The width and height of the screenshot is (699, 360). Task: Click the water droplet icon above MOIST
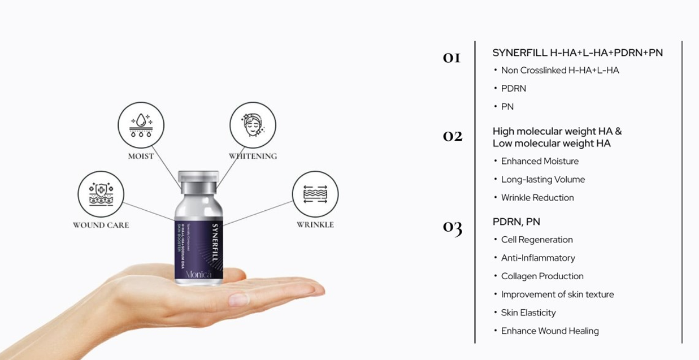pos(141,125)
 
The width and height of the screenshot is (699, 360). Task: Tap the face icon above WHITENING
pos(253,125)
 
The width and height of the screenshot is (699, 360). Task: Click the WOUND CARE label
pos(101,225)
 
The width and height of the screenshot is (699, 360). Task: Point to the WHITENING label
pos(253,156)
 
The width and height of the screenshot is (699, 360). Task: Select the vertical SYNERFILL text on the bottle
pos(214,240)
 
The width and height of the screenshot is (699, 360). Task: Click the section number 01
pos(451,58)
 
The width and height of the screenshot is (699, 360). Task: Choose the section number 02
pos(452,136)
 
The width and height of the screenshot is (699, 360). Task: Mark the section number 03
pos(452,227)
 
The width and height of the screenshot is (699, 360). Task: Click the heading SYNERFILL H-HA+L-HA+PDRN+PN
pos(577,53)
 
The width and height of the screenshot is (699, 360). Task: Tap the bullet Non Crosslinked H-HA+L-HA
pos(559,71)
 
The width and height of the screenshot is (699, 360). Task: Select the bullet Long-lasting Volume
pos(542,179)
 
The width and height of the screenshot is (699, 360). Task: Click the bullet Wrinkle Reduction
pos(537,197)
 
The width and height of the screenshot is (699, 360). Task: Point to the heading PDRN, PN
pos(516,222)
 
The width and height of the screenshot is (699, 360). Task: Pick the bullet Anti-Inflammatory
pos(537,258)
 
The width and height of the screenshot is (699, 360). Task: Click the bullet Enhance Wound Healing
pos(549,331)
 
